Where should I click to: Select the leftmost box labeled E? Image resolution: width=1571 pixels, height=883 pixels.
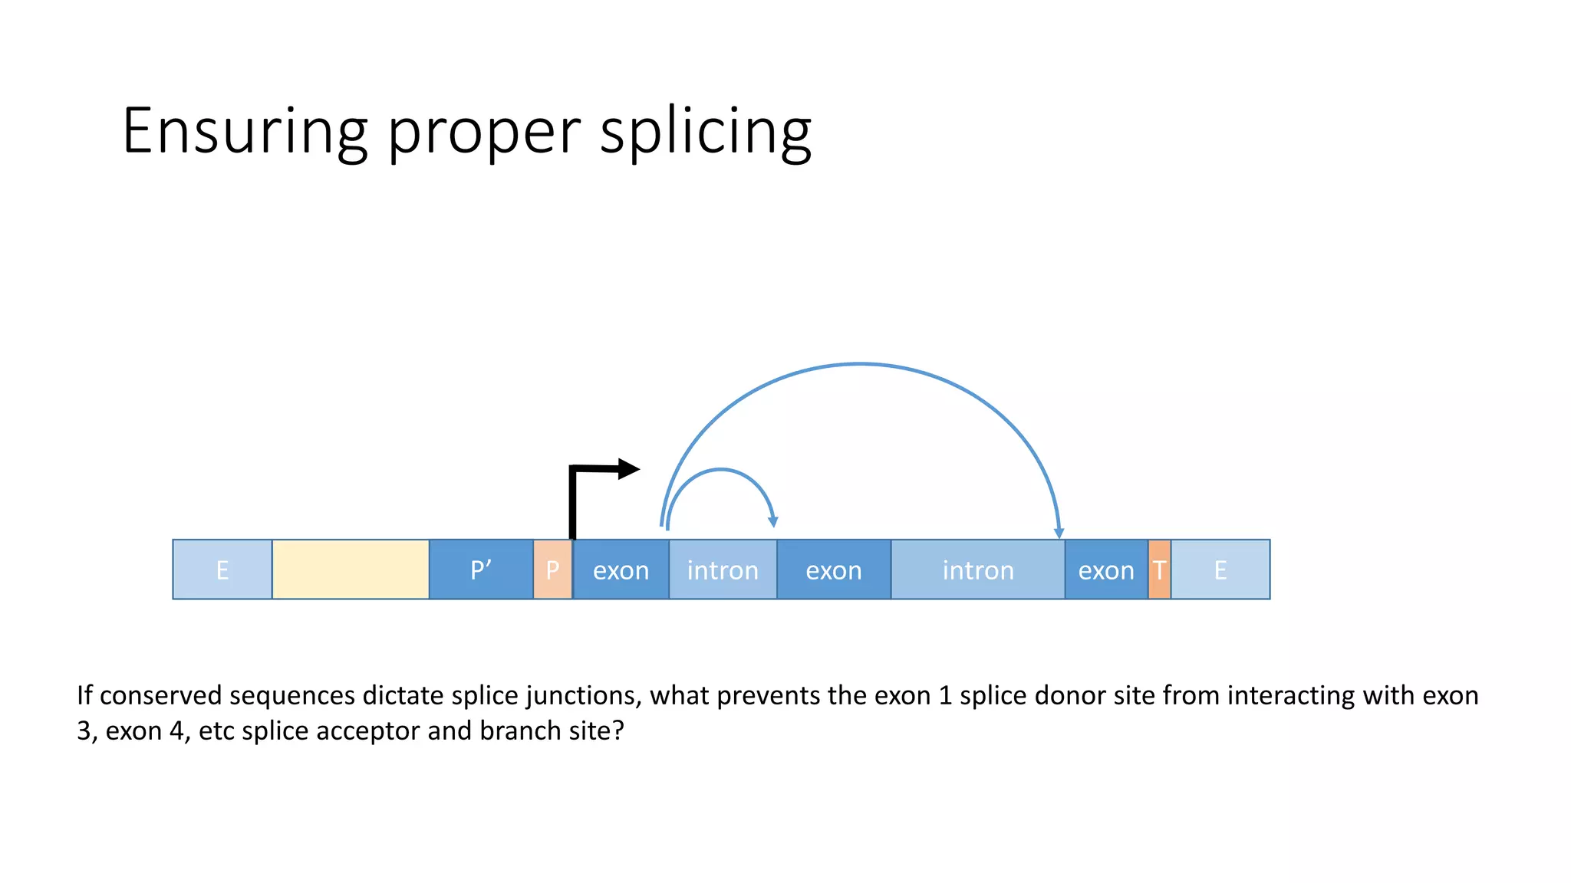222,570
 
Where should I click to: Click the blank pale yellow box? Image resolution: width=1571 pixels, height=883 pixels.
351,570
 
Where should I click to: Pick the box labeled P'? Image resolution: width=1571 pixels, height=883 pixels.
481,570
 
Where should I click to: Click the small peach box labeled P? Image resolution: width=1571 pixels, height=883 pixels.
552,570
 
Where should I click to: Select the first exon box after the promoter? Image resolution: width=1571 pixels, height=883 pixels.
621,570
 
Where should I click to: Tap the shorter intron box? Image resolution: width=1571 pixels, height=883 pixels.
723,570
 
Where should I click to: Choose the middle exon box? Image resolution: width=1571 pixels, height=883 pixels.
834,570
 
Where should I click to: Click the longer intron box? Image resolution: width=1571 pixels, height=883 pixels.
978,570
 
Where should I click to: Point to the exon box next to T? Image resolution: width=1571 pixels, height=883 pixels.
1106,570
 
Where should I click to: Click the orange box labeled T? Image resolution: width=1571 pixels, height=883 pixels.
1159,570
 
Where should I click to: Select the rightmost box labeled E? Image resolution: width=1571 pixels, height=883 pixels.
1220,570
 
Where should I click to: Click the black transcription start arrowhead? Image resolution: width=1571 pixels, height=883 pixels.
628,468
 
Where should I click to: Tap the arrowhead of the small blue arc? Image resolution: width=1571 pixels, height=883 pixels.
773,522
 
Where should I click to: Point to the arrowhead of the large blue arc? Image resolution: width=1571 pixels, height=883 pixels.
1059,533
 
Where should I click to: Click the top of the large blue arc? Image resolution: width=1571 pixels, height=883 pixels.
860,364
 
